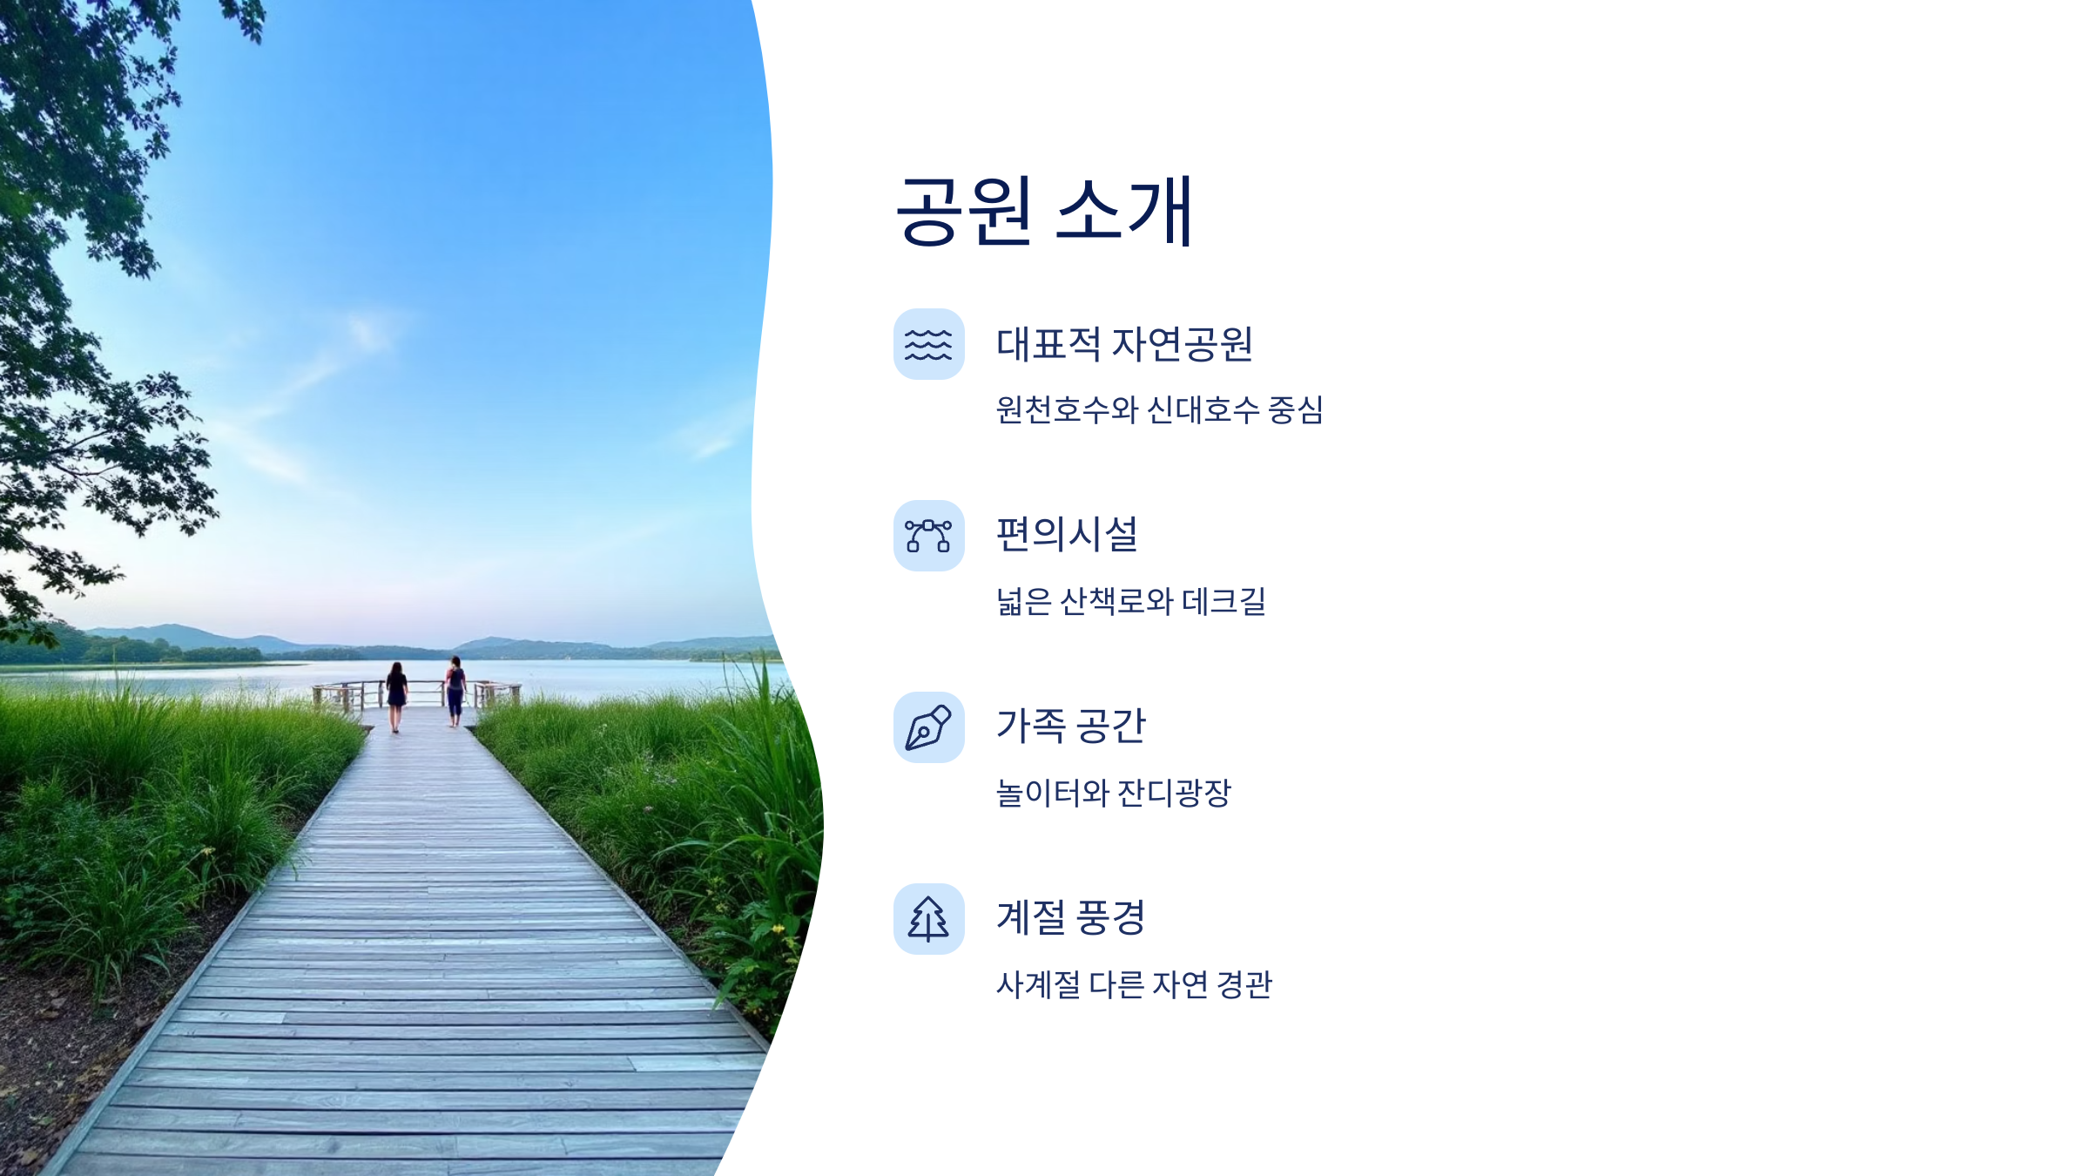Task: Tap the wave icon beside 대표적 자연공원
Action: click(x=928, y=344)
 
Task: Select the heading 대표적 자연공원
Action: click(x=1124, y=344)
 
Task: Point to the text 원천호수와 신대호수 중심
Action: click(x=1159, y=409)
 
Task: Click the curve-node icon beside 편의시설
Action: click(x=928, y=536)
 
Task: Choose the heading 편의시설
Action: click(x=1067, y=535)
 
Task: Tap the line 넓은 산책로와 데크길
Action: click(x=1130, y=601)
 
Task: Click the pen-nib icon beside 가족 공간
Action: click(x=928, y=727)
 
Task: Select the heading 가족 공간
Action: click(x=1070, y=727)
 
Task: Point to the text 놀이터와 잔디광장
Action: click(x=1113, y=793)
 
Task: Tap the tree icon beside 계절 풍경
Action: click(x=928, y=919)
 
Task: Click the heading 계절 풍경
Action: click(x=1070, y=918)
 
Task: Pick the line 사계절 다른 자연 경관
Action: click(x=1134, y=984)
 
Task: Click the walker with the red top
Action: click(x=455, y=690)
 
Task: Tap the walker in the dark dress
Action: click(x=396, y=693)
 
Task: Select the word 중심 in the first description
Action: click(x=1296, y=409)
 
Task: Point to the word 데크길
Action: click(x=1224, y=601)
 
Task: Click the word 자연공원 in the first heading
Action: click(x=1183, y=344)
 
